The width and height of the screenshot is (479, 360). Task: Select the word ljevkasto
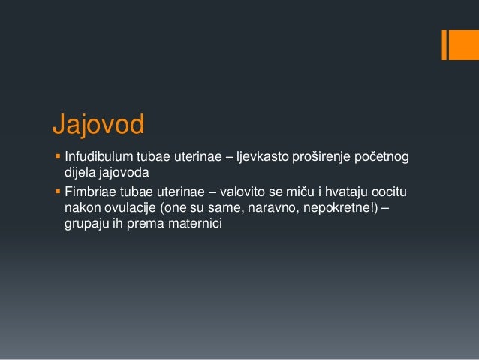(262, 157)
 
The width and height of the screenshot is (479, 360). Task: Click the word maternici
(197, 224)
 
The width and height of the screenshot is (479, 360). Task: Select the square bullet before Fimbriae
(57, 191)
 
